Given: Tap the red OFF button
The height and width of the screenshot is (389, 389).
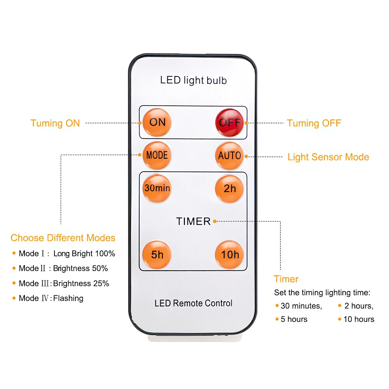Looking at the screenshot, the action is click(x=230, y=123).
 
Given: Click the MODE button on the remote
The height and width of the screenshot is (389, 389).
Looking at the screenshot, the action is click(x=157, y=155).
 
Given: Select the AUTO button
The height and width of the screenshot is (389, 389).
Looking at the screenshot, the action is click(x=230, y=156).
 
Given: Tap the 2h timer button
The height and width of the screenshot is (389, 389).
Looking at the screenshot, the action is click(x=230, y=189).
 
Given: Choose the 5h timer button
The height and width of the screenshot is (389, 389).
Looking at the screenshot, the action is click(x=157, y=254).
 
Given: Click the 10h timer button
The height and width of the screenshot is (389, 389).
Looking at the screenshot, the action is click(x=230, y=254).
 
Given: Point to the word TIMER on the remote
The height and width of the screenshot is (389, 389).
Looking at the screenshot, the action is click(x=193, y=221).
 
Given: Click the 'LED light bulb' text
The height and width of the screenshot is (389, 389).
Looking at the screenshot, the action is click(x=193, y=81).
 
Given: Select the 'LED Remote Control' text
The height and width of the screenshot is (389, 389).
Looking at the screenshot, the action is click(x=193, y=303).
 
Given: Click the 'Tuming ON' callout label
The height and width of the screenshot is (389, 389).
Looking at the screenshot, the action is click(x=55, y=123).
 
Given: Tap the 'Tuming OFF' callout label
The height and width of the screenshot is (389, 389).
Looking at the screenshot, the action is click(x=314, y=123).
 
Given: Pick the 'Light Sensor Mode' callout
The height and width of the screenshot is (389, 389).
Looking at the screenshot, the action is click(x=328, y=157).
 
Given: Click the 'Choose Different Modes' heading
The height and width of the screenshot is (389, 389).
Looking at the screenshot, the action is click(x=63, y=238).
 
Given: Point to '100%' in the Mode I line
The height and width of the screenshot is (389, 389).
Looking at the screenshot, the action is click(x=105, y=254).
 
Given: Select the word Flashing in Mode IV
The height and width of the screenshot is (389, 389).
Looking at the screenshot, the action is click(x=68, y=298).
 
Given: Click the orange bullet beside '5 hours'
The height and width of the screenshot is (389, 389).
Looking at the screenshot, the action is click(x=277, y=319).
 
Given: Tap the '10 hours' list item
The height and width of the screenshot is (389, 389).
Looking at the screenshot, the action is click(x=359, y=319).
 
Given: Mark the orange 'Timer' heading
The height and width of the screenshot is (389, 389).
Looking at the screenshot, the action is click(x=286, y=279).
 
